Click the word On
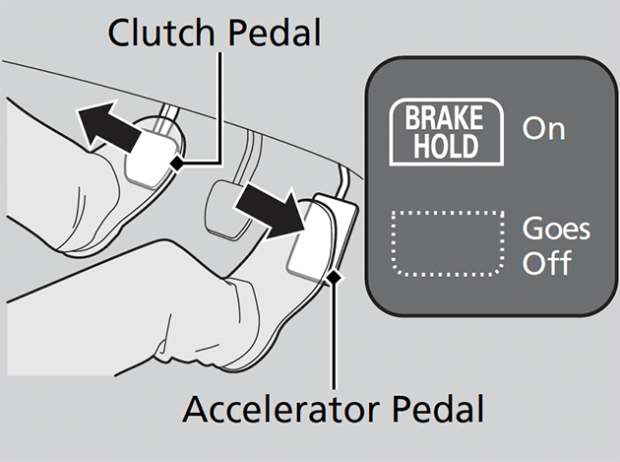[544, 130]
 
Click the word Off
[547, 264]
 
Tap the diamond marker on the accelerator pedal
[335, 279]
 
